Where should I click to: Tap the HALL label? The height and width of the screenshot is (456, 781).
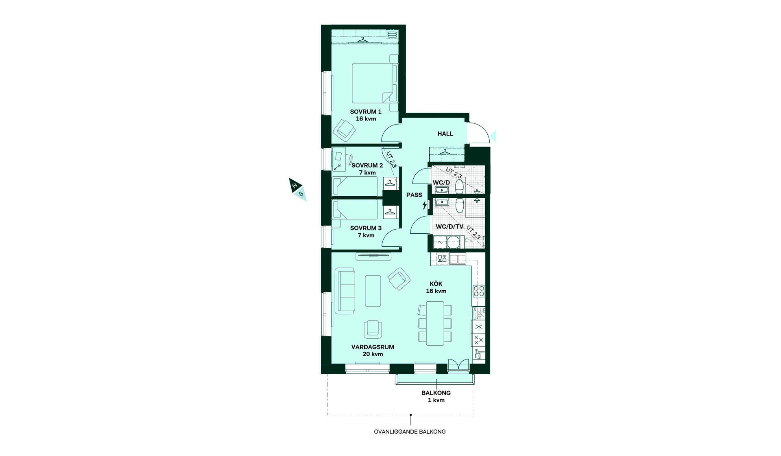pyautogui.click(x=445, y=134)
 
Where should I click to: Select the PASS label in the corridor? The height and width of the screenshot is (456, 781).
pyautogui.click(x=414, y=195)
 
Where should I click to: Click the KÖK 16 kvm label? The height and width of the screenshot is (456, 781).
pyautogui.click(x=436, y=287)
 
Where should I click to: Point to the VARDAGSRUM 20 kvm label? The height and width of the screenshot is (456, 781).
pyautogui.click(x=373, y=351)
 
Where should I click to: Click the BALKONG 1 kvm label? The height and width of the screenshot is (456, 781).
pyautogui.click(x=436, y=397)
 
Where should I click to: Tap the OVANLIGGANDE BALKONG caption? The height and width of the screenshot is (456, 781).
pyautogui.click(x=410, y=432)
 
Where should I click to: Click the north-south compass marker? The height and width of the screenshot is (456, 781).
pyautogui.click(x=298, y=189)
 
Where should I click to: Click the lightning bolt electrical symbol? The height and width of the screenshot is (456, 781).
pyautogui.click(x=425, y=205)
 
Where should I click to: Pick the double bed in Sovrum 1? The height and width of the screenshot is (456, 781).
pyautogui.click(x=374, y=83)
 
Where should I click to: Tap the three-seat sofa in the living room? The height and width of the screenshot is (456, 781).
pyautogui.click(x=345, y=291)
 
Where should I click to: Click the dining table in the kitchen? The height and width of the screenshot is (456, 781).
pyautogui.click(x=435, y=323)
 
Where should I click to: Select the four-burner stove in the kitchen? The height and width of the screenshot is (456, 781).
pyautogui.click(x=479, y=291)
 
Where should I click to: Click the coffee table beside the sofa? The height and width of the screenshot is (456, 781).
pyautogui.click(x=373, y=291)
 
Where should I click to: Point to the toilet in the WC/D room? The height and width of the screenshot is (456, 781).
pyautogui.click(x=459, y=187)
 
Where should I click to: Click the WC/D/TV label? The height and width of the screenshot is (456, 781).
pyautogui.click(x=449, y=226)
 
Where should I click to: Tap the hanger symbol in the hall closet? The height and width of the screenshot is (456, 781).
pyautogui.click(x=445, y=152)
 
